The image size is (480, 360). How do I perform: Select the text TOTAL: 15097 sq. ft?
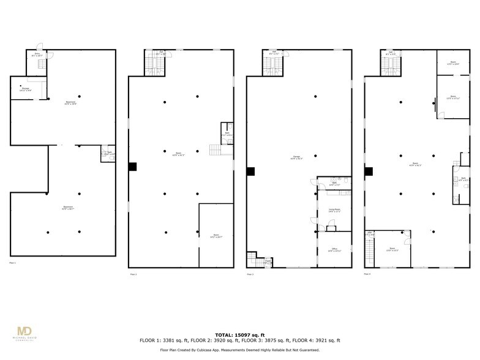(239, 334)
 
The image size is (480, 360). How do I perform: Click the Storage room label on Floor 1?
(26, 90)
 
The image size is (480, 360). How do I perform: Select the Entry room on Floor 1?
(37, 55)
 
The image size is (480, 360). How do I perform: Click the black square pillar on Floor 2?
(132, 166)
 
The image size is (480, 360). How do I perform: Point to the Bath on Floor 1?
(108, 153)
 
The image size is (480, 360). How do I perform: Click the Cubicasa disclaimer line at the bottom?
(239, 350)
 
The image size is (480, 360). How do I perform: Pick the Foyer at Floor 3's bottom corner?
(268, 262)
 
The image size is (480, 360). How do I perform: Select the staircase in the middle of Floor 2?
(214, 150)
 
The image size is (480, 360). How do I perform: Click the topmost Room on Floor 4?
(454, 62)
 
